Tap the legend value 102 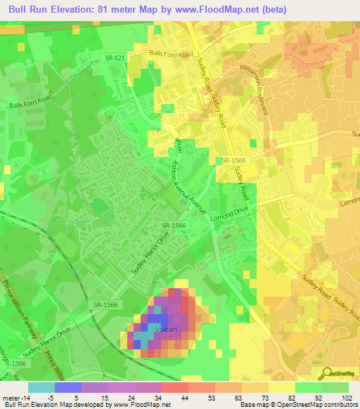[x=347, y=397]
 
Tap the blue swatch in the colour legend [x=67, y=387]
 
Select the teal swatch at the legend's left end [x=41, y=387]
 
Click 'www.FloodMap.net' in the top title [x=211, y=11]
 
